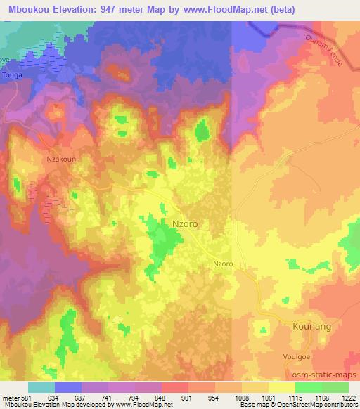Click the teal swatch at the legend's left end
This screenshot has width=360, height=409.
coord(41,387)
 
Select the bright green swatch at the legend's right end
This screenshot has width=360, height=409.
coord(335,387)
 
